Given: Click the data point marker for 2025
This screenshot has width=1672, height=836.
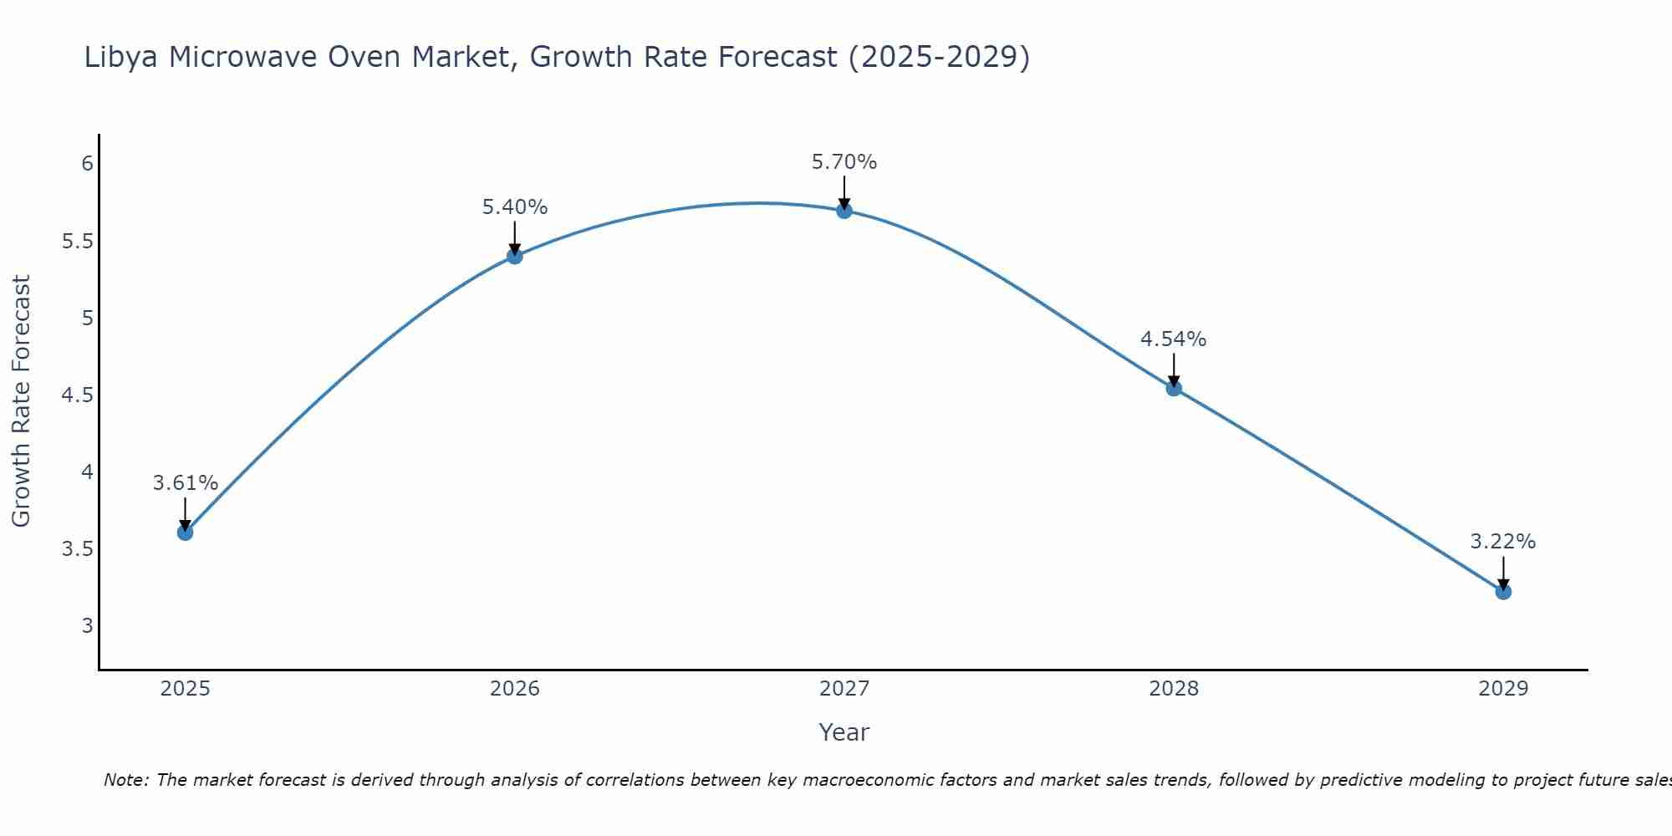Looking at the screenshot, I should [x=186, y=533].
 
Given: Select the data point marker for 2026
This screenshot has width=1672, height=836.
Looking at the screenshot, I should [x=515, y=256].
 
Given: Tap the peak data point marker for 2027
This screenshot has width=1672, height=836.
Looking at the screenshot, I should [x=844, y=211].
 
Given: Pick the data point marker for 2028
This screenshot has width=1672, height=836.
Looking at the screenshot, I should [x=1174, y=388].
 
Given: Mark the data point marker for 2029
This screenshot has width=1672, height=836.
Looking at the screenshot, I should [x=1503, y=592].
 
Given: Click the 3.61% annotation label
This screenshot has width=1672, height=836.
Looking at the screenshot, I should [x=186, y=483].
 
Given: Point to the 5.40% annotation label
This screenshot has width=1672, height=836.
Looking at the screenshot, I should [x=515, y=207].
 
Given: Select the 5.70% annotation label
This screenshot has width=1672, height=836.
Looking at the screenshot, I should [x=844, y=162].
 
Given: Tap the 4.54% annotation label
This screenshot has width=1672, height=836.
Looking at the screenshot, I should [x=1174, y=339].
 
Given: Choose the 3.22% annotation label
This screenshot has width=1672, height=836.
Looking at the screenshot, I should [x=1503, y=542].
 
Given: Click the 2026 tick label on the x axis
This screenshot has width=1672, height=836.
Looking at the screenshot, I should [x=515, y=689].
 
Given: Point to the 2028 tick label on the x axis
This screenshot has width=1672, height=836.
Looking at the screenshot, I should [x=1174, y=689].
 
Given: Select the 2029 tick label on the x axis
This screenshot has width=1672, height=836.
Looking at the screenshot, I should [x=1503, y=689].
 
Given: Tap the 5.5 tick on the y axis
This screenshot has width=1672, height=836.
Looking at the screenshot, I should [x=77, y=242].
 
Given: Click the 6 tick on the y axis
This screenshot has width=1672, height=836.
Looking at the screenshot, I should [x=87, y=163].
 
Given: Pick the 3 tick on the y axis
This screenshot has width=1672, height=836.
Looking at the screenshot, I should [x=87, y=626].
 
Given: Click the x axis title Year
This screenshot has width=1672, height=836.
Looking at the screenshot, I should [x=844, y=732].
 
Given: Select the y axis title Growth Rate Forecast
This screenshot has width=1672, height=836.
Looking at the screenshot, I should [x=21, y=400].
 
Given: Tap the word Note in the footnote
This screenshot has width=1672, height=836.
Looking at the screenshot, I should [x=125, y=780].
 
